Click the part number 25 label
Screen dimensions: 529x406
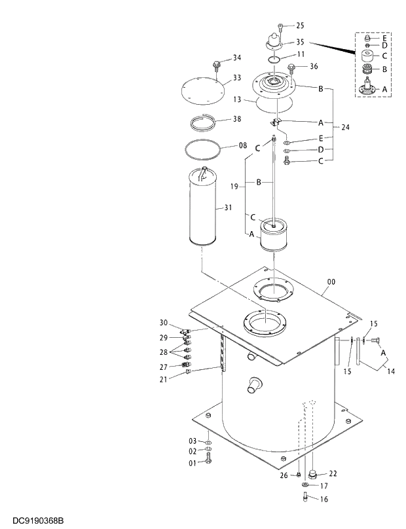(301, 26)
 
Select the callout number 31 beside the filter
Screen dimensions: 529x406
(228, 208)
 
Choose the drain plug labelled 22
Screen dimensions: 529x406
(314, 473)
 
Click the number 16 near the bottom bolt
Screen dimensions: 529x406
(323, 499)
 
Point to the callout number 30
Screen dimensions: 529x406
(164, 322)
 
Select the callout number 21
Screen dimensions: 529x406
(164, 379)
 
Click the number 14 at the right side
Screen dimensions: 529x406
(390, 372)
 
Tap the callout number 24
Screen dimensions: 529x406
(345, 127)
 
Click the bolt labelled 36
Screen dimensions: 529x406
(292, 67)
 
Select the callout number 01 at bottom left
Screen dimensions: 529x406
(193, 463)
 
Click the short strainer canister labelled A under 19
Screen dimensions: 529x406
(274, 236)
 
